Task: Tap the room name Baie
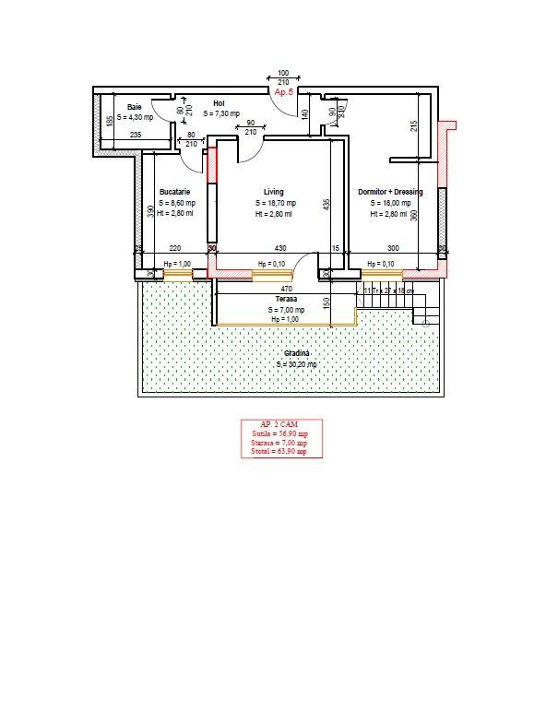[135, 106]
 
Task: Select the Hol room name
[219, 103]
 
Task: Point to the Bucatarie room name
[174, 192]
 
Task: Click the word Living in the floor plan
[274, 192]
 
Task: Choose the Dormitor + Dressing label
[390, 192]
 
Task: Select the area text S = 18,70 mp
[275, 203]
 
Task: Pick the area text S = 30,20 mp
[296, 365]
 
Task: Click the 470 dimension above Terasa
[286, 289]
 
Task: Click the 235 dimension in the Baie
[135, 135]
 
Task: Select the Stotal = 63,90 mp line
[279, 452]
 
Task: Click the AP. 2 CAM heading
[279, 424]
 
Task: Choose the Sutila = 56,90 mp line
[279, 433]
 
